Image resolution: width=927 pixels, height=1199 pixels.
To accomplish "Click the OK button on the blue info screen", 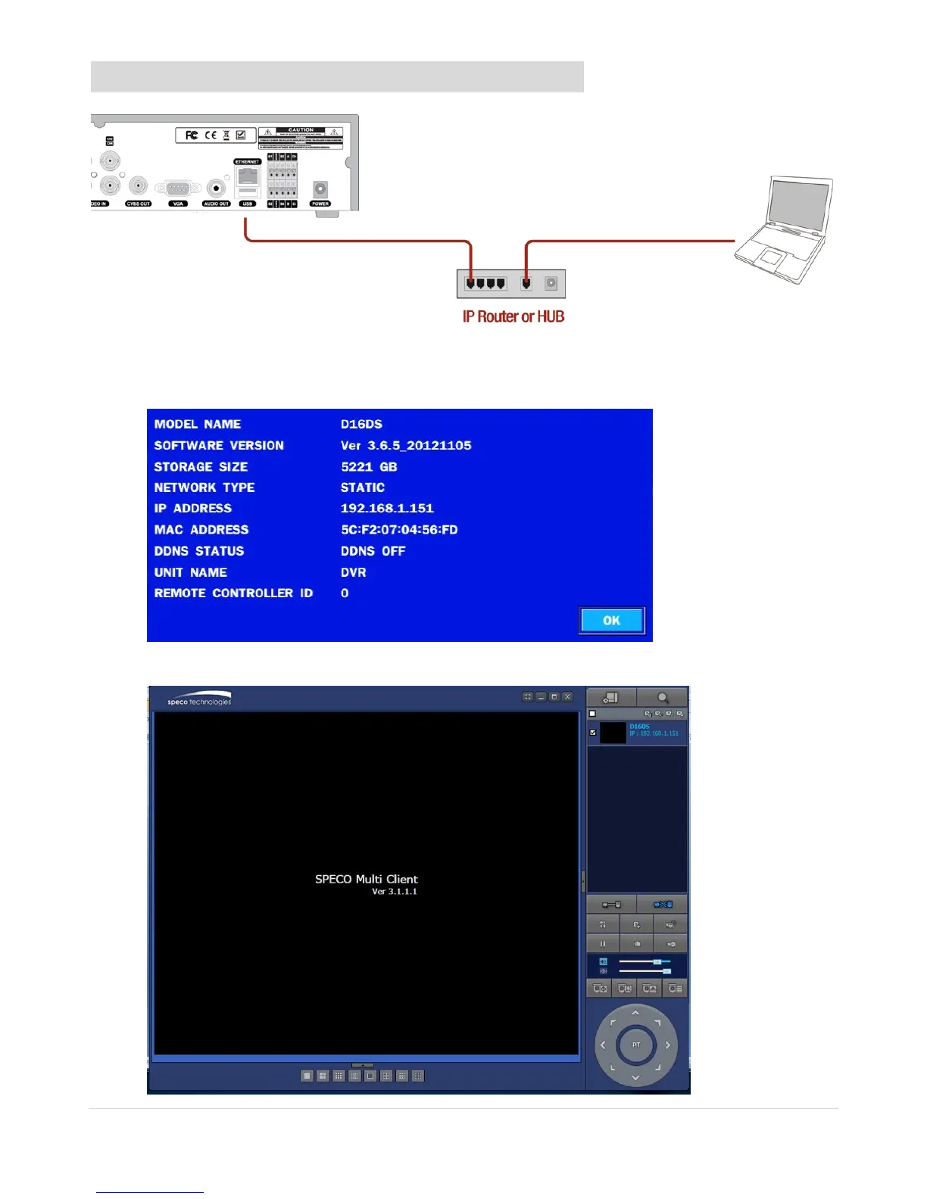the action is click(611, 621).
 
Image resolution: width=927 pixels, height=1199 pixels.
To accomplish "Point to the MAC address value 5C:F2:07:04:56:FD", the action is click(399, 530).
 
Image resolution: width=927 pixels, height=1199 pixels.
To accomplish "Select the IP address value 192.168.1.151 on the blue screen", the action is click(387, 509).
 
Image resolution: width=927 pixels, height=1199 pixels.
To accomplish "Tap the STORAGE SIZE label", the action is click(201, 467).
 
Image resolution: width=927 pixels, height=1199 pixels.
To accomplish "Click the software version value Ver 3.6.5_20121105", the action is click(406, 446).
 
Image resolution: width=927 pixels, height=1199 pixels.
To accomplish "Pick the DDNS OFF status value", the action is click(373, 551).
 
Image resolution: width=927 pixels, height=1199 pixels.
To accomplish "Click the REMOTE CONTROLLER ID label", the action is click(233, 593).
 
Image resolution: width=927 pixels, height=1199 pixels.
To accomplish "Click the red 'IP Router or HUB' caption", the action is click(513, 316).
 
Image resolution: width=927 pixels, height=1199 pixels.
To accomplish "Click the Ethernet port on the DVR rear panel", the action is click(248, 178).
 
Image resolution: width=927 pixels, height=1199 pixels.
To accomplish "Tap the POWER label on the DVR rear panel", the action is click(320, 204).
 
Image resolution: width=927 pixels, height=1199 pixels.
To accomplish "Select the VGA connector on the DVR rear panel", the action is click(178, 188).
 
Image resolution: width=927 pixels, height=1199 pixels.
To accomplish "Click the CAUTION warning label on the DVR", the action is click(301, 137).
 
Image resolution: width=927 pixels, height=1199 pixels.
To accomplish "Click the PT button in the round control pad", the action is click(635, 1045).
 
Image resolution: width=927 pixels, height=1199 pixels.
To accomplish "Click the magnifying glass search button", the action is click(663, 697).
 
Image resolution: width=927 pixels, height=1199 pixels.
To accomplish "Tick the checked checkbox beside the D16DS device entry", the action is click(593, 732).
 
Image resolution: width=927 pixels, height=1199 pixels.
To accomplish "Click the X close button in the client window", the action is click(567, 697).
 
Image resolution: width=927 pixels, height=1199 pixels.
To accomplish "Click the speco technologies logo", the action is click(200, 699).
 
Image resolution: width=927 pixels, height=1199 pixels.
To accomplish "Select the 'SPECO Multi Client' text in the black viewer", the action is click(367, 880).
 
